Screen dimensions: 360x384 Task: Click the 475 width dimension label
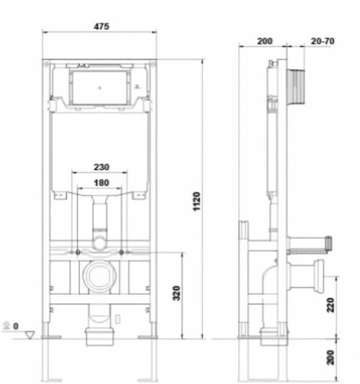pos(101,26)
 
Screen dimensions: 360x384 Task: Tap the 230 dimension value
pos(101,167)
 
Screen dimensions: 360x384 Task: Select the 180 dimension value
pos(101,183)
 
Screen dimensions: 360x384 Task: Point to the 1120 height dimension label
pos(197,201)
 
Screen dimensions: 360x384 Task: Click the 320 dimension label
pos(176,293)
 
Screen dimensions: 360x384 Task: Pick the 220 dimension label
pos(330,305)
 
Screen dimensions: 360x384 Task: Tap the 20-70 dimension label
pos(323,41)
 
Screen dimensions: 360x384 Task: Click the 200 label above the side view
pos(265,41)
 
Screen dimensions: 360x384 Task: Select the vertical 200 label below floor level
pos(330,357)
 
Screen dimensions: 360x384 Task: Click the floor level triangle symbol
pos(30,335)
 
